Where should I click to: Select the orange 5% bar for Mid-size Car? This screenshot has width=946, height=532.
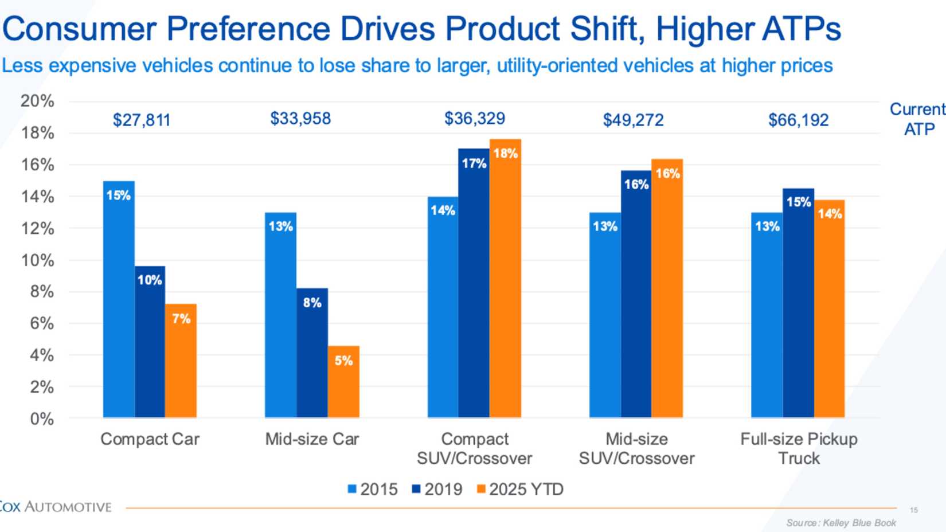pos(343,381)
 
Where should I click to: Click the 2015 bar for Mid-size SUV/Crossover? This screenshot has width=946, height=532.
pos(605,315)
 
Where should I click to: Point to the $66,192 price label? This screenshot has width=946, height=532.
pos(798,120)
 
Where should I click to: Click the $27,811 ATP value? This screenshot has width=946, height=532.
pos(142,120)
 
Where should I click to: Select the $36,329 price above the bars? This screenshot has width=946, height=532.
pos(475,119)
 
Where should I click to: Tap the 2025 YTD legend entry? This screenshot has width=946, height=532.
pos(520,489)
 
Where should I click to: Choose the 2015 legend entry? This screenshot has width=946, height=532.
pos(373,489)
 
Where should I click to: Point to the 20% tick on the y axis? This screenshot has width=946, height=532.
pos(37,101)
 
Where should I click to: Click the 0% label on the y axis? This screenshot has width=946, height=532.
pos(42,419)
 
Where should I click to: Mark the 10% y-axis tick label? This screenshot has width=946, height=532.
pos(37,260)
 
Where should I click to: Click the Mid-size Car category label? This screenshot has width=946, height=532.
pos(312,439)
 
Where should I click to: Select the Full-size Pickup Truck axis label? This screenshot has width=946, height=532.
pos(799,448)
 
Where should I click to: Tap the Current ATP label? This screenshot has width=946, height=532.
pos(918,119)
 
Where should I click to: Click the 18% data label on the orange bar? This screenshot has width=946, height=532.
pos(506,154)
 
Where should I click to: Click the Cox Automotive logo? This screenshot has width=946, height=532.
pos(55,507)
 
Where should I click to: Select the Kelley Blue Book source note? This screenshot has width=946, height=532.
pos(841,523)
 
